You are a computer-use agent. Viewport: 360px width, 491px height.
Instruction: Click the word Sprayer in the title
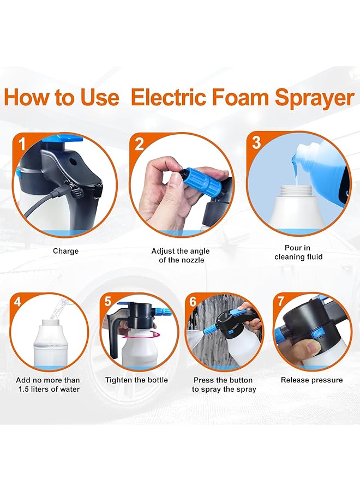pyautogui.click(x=314, y=98)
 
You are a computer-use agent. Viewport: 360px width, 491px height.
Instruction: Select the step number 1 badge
pyautogui.click(x=22, y=144)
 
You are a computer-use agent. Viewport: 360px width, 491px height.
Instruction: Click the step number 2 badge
pyautogui.click(x=139, y=144)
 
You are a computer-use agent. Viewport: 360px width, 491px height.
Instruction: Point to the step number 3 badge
pyautogui.click(x=256, y=143)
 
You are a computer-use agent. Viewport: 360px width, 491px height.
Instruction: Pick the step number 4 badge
pyautogui.click(x=18, y=302)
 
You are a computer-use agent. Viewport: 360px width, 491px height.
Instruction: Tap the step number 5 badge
pyautogui.click(x=108, y=301)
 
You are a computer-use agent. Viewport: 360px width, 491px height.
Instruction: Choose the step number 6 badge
pyautogui.click(x=193, y=301)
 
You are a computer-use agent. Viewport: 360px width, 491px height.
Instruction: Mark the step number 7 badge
pyautogui.click(x=281, y=301)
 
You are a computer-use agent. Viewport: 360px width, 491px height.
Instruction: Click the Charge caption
pyautogui.click(x=65, y=251)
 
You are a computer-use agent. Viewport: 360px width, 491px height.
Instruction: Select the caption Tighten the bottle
pyautogui.click(x=136, y=380)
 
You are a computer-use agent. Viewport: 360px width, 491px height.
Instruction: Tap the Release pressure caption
pyautogui.click(x=311, y=380)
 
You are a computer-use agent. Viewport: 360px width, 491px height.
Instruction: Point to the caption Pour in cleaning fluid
pyautogui.click(x=298, y=252)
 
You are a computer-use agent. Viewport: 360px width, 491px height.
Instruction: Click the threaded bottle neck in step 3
pyautogui.click(x=298, y=192)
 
